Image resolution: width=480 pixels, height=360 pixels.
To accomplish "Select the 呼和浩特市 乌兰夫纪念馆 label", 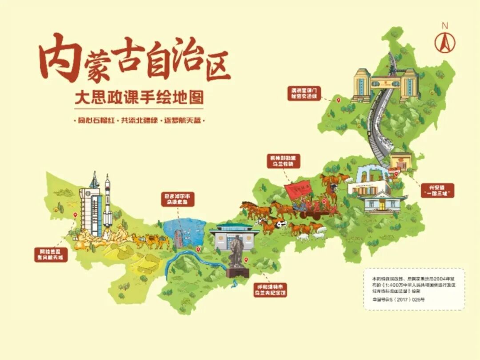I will point(270,289).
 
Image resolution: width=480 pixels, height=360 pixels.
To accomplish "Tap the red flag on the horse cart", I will point(297,191).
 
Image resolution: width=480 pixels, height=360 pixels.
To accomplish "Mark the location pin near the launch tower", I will point(75,215).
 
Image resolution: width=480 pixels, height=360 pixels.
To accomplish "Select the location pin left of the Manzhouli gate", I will point(338,100).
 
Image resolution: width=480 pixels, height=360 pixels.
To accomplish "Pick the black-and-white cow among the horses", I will point(280,224).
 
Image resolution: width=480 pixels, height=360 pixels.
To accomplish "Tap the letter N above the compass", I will point(444,26).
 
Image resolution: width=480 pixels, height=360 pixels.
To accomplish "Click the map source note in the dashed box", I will point(414,288).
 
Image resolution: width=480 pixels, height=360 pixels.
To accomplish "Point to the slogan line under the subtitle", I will point(139,120).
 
